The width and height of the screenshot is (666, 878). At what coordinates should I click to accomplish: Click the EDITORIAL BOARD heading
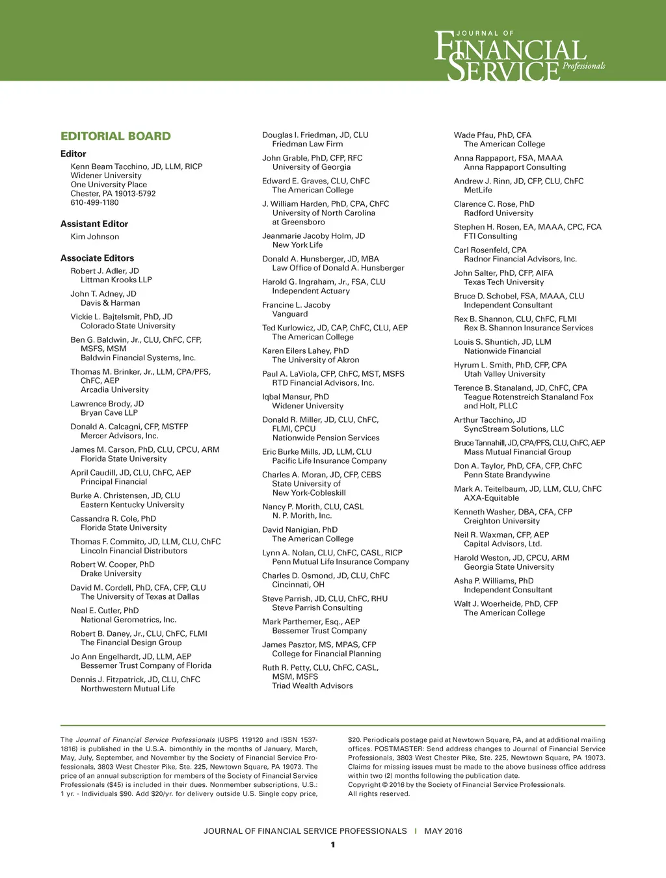tap(115, 137)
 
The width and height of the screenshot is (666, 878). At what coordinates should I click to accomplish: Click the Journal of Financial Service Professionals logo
tap(519, 56)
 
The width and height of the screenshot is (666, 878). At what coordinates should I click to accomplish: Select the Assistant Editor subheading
tap(94, 224)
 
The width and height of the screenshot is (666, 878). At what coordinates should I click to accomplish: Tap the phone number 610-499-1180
tap(94, 203)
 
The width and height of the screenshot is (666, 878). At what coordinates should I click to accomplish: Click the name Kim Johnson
tap(95, 237)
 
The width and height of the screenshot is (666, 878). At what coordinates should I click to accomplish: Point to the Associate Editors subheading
tap(97, 258)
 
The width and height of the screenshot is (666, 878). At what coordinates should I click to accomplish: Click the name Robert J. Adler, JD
tap(105, 271)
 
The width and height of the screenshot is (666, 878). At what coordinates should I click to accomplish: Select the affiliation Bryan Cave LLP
tap(109, 413)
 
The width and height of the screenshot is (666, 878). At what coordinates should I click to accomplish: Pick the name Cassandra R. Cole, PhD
tap(113, 519)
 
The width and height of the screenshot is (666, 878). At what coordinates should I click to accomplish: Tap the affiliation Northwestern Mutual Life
tap(127, 689)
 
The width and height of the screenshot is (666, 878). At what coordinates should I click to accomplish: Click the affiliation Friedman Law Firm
tap(308, 144)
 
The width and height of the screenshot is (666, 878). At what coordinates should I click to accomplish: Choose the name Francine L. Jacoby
tap(296, 305)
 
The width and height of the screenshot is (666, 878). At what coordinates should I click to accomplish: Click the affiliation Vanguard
tap(290, 314)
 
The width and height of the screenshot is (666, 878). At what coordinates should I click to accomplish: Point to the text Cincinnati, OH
tap(298, 585)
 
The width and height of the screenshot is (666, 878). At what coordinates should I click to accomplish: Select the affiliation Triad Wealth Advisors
tap(312, 686)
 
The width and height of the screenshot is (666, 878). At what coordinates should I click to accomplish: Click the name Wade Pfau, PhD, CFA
tap(492, 135)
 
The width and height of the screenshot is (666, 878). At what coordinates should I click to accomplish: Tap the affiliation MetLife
tap(478, 191)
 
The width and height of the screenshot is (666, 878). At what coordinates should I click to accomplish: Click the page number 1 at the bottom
tap(333, 845)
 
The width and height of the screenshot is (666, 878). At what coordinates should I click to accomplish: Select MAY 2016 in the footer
tap(443, 831)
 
